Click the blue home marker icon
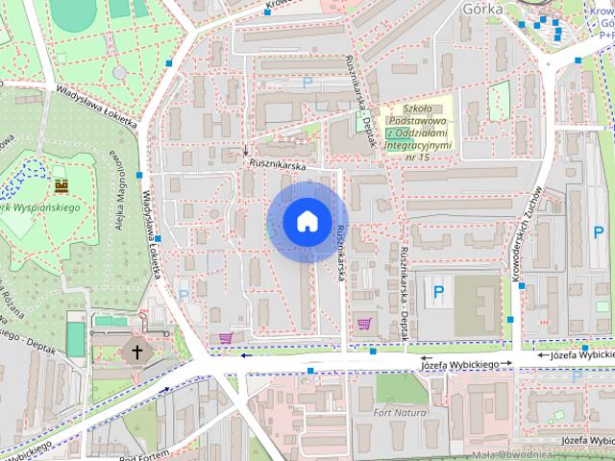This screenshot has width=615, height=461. click(x=307, y=221)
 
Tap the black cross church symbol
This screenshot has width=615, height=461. click(x=136, y=352)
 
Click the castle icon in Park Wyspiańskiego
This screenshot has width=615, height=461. click(x=62, y=183)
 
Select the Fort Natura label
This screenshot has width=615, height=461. click(x=399, y=412)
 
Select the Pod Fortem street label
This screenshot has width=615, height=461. click(x=144, y=452)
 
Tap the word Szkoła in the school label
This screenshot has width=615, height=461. click(x=421, y=109)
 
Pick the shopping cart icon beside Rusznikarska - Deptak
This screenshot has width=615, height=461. click(x=364, y=324)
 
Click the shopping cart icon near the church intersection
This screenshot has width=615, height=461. click(x=226, y=337)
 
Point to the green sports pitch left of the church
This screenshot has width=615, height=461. click(x=75, y=339)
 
